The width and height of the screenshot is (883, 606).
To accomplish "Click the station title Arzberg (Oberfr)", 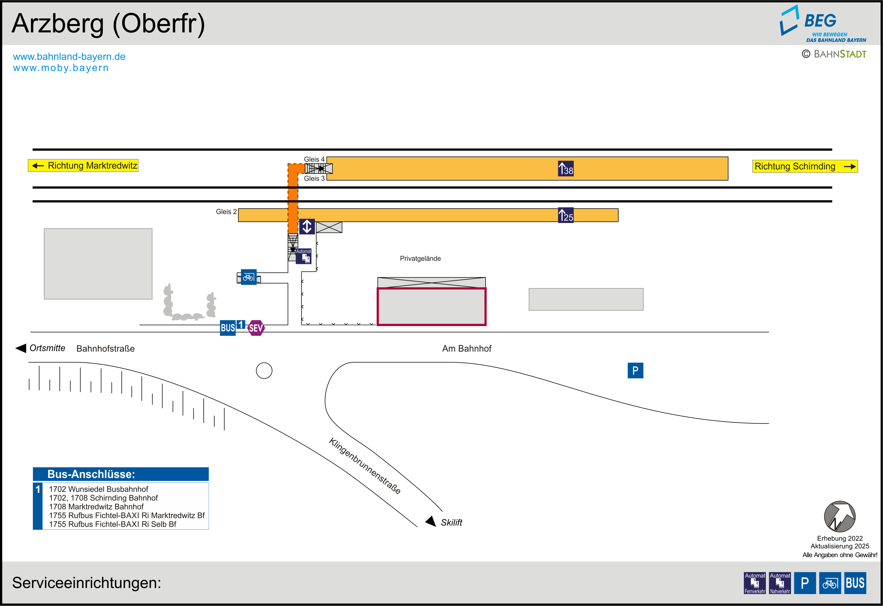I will click(108, 24).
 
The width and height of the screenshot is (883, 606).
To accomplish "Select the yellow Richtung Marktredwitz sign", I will click(83, 165).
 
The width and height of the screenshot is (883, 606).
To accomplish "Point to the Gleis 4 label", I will click(314, 159).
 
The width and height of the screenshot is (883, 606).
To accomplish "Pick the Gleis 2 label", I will click(226, 211).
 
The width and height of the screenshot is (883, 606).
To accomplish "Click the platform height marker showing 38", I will click(565, 169).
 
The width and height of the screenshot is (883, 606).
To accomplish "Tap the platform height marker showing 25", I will click(565, 215).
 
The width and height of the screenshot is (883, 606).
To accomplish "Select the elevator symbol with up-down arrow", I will click(307, 227).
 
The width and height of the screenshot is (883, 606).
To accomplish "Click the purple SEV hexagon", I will click(256, 328).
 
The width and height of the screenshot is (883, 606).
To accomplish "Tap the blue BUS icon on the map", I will click(228, 328).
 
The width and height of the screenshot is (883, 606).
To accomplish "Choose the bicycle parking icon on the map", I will click(249, 277).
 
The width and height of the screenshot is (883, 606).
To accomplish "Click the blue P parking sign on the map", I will click(635, 371).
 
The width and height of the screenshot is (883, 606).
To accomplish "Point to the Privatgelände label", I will click(420, 259).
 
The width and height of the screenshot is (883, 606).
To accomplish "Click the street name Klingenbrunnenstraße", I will click(364, 466).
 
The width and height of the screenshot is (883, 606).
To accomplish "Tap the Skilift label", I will click(451, 522).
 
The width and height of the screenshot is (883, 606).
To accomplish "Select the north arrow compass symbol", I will click(839, 517).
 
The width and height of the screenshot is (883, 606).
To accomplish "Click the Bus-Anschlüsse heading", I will click(91, 474).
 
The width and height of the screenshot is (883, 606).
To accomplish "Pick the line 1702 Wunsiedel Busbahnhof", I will click(98, 489).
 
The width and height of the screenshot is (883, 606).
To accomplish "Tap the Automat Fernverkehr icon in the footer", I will click(755, 583).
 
